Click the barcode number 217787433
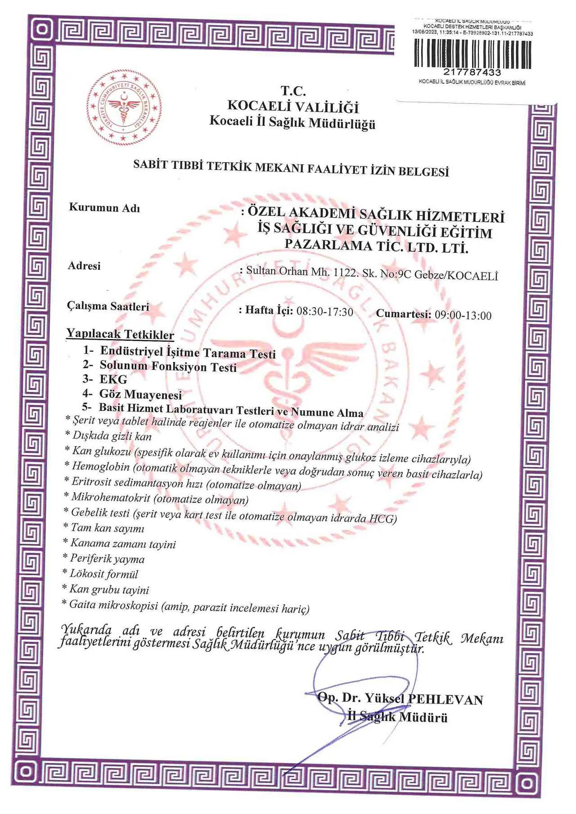[472, 72]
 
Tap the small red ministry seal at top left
[124, 107]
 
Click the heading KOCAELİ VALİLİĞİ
[293, 106]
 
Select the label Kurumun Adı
[104, 208]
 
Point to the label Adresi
[84, 266]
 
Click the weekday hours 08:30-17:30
[324, 312]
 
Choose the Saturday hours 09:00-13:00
[463, 315]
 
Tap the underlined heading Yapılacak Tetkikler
[120, 334]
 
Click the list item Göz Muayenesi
[140, 394]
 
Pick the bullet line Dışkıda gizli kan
[112, 436]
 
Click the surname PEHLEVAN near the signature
[445, 699]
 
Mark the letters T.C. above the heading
[293, 91]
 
